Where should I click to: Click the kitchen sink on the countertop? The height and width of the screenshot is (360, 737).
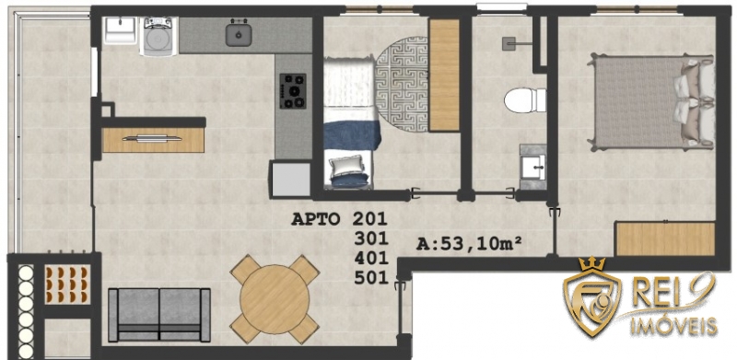click(x=239, y=34)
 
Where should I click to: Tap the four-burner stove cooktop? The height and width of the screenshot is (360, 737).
click(x=293, y=91)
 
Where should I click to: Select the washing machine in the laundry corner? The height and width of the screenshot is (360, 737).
click(x=159, y=37)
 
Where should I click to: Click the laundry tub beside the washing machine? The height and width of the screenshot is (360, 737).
click(x=120, y=30)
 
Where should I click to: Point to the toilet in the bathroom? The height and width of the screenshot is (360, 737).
click(x=525, y=100)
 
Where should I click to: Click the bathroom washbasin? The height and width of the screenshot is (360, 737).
click(x=533, y=167)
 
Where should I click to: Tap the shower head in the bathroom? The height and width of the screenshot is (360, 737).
click(x=509, y=43)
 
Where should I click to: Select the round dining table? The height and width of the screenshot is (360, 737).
click(x=275, y=299)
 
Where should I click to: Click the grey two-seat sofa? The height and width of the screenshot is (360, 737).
click(x=159, y=315)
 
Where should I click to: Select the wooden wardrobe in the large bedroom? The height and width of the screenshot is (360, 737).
click(x=665, y=238)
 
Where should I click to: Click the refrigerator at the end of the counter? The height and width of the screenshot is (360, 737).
click(x=290, y=179)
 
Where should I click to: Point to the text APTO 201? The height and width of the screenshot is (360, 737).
click(x=339, y=219)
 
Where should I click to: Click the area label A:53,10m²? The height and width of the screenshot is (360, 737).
click(x=470, y=244)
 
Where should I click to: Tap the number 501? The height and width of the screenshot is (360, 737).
click(x=371, y=278)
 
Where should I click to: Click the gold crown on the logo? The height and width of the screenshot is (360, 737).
click(x=591, y=263)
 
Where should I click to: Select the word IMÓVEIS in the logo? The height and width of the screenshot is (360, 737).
click(x=673, y=326)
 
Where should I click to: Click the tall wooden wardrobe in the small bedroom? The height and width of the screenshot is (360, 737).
click(x=444, y=75)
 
